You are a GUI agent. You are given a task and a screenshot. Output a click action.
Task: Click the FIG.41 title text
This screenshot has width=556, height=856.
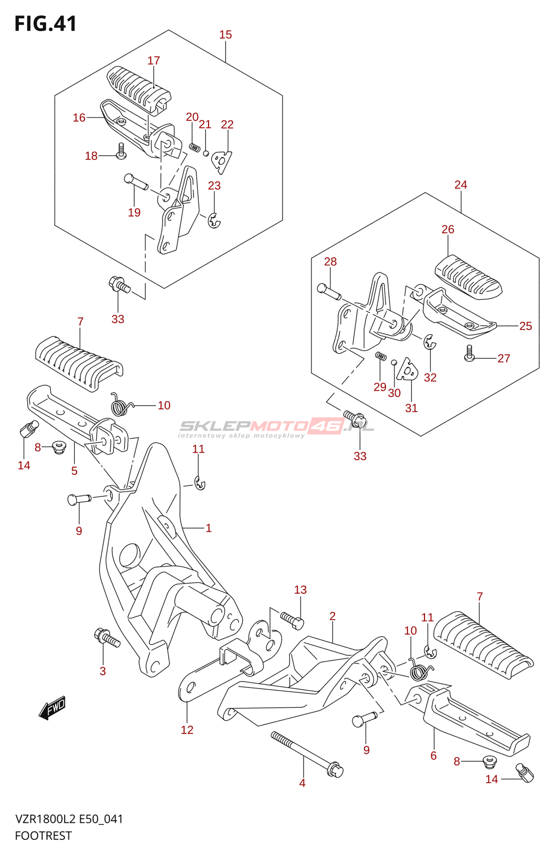45,24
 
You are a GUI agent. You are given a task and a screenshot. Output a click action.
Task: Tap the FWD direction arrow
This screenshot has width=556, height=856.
52,708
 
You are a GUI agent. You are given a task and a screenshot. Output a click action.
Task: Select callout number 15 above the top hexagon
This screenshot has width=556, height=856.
226,35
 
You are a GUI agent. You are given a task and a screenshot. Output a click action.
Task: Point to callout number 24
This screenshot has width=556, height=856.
460,185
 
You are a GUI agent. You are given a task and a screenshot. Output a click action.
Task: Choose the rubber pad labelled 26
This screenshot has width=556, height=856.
468,276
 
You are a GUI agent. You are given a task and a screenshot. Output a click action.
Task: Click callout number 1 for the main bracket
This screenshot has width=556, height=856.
208,528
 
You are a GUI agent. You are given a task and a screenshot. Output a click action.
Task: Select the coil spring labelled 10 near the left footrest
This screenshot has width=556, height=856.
121,405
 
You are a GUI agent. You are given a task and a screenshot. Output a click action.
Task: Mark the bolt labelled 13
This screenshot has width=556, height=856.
292,620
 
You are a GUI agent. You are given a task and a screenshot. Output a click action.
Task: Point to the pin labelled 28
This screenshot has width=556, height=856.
329,292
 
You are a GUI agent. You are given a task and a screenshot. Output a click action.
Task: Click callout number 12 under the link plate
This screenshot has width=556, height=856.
187,730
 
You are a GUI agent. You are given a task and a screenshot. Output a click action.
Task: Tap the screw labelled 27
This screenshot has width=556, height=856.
469,353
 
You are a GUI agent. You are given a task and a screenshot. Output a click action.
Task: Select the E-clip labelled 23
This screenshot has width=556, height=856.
214,221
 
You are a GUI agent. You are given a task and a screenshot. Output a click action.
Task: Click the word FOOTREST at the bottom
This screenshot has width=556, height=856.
43,836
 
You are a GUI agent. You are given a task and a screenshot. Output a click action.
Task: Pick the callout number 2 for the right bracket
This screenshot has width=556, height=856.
333,616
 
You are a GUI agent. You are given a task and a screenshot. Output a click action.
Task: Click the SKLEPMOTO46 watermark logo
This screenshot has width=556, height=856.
276,426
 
